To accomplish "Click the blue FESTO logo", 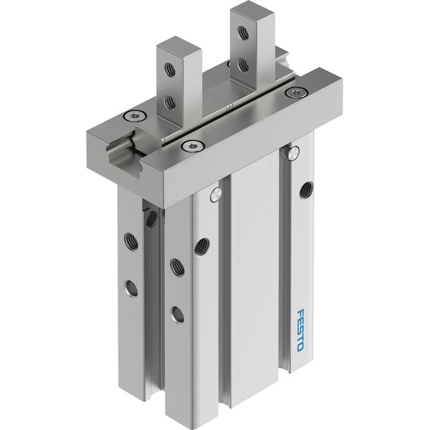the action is tap(300, 330).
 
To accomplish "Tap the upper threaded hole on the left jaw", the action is tap(170, 70).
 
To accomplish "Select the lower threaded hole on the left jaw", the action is tap(170, 102).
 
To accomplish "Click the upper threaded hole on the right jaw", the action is tap(243, 33).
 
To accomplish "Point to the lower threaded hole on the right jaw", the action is tap(243, 65).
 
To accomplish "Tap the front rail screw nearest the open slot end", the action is tap(193, 145).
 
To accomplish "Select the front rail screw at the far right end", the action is tap(295, 92).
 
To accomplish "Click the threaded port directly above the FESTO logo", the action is tap(306, 190).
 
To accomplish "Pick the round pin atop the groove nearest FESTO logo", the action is tap(293, 153).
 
